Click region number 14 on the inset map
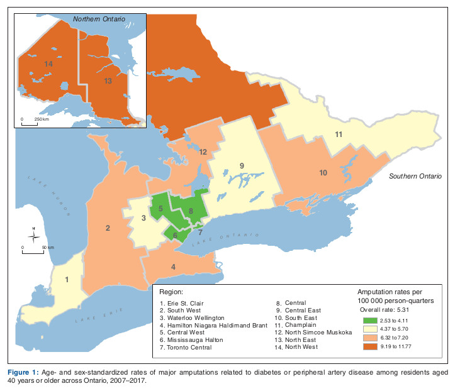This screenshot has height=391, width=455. [48, 64]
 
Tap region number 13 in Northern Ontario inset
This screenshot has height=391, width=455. [108, 81]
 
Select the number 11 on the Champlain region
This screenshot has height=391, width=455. [338, 135]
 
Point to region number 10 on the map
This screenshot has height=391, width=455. [323, 172]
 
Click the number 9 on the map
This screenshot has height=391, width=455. [241, 165]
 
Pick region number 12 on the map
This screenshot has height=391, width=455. [203, 151]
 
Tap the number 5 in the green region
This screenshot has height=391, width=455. [161, 208]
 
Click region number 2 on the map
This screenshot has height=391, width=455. [108, 228]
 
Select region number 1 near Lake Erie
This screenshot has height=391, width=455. [68, 279]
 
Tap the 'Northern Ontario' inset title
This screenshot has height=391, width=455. [99, 20]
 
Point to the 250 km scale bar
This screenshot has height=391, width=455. [30, 122]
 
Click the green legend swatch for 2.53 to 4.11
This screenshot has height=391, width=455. [371, 320]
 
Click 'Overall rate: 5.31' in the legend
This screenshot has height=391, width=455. [383, 310]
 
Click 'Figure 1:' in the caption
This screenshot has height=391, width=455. [24, 365]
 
